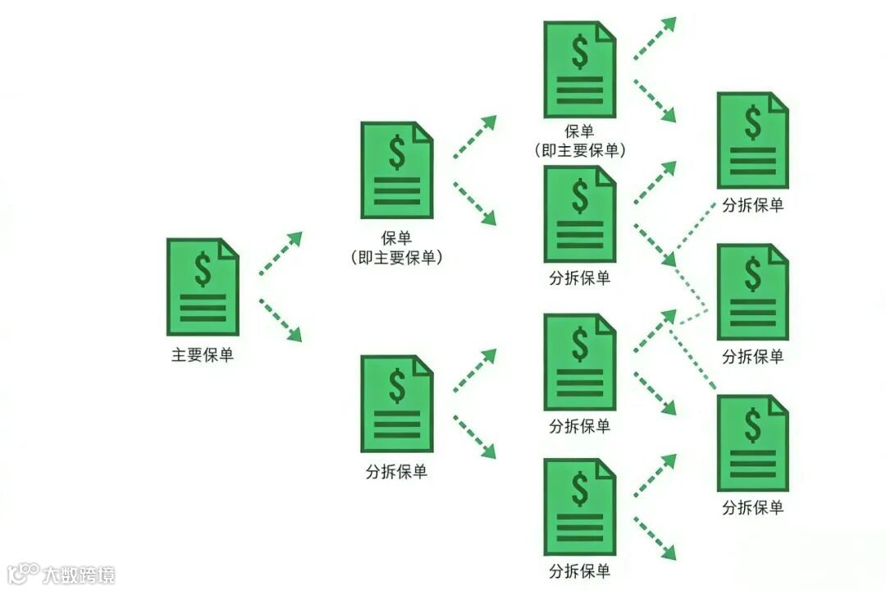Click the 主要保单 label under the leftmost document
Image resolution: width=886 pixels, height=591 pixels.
point(203,355)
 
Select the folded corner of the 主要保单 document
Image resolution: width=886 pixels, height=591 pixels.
point(229,247)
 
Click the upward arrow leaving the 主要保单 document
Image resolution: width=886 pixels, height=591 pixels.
point(281,254)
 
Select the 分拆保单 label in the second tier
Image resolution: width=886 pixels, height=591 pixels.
point(396,472)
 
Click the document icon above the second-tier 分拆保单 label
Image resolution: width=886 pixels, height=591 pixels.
point(396,403)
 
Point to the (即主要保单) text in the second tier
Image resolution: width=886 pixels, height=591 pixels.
point(396,258)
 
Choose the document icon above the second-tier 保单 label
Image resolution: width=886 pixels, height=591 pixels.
point(396,170)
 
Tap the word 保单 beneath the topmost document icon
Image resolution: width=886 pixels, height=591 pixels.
point(579,131)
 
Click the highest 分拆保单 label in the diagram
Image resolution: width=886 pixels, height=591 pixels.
point(753,205)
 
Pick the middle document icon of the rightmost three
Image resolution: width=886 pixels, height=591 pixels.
point(753,291)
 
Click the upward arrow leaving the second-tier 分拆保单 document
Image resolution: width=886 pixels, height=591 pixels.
point(475,369)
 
